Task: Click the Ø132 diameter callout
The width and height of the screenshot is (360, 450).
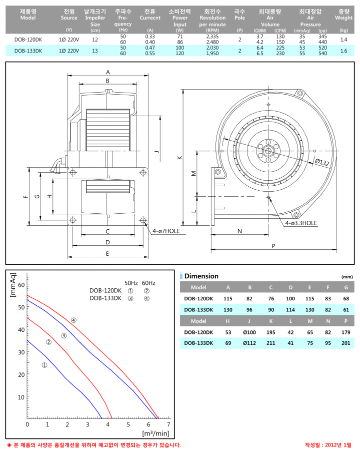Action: pos(322,162)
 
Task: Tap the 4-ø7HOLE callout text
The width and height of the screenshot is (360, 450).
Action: pos(166,231)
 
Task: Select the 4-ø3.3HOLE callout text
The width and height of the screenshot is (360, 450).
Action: pos(301,223)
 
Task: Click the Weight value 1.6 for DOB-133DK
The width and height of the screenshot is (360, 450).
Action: pos(343,51)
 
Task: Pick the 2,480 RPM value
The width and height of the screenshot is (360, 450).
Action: pos(212,42)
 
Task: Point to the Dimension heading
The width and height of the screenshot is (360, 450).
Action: pos(201,276)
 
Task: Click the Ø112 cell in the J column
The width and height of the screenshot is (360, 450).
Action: pos(249,343)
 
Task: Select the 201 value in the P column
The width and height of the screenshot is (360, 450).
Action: pos(345,343)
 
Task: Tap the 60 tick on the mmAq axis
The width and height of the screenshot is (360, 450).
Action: pos(21,285)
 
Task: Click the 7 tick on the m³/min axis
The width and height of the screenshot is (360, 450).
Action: pos(168,424)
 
